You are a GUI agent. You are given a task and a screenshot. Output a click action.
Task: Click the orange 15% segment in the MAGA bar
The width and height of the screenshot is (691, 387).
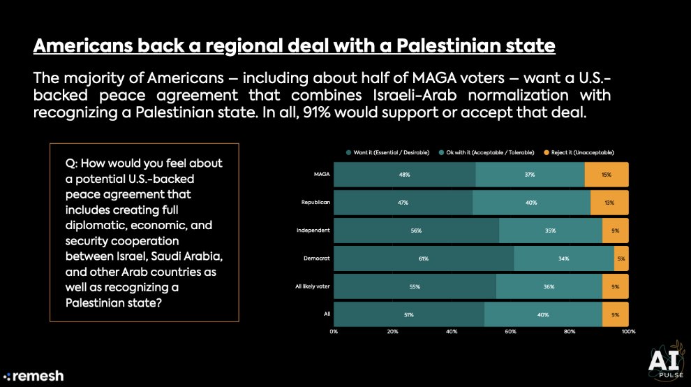[x=607, y=174]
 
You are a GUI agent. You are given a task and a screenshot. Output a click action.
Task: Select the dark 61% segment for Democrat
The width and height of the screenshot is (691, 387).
[x=424, y=258]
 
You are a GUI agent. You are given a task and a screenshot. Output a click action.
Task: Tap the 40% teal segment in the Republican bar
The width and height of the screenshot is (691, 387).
[x=531, y=202]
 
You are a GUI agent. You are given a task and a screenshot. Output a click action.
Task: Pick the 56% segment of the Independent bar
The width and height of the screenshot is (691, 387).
[x=417, y=230]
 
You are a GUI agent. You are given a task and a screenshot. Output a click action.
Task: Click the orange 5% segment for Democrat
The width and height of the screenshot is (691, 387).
[x=621, y=258]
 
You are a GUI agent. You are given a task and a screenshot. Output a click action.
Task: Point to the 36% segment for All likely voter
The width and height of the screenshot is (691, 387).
[x=549, y=286]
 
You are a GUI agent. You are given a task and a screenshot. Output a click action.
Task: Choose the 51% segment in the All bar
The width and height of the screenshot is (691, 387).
[x=409, y=314]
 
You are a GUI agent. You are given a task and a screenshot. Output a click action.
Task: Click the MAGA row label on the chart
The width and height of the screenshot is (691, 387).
[x=320, y=174]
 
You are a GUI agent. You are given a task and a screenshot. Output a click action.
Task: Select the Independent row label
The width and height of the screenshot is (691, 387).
[x=313, y=230]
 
